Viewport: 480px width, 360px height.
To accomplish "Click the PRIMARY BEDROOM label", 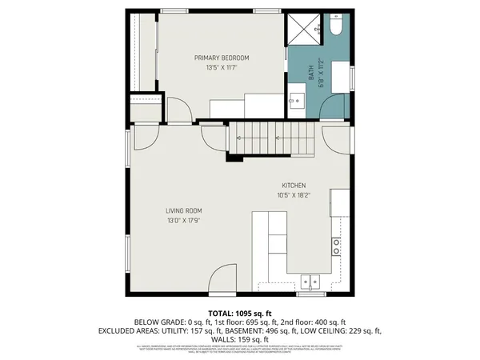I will [222, 58].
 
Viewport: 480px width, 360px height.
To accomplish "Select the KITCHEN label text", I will [294, 185].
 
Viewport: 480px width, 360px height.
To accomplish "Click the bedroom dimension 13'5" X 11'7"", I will [222, 67].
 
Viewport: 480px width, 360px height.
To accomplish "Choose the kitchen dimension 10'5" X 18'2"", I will [294, 194].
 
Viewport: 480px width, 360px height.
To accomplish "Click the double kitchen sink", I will [310, 281].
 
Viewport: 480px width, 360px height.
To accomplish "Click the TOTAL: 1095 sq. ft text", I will [239, 313].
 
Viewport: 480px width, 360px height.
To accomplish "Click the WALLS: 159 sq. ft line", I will [239, 338].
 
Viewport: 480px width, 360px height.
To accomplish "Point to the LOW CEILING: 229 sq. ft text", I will [346, 330].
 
